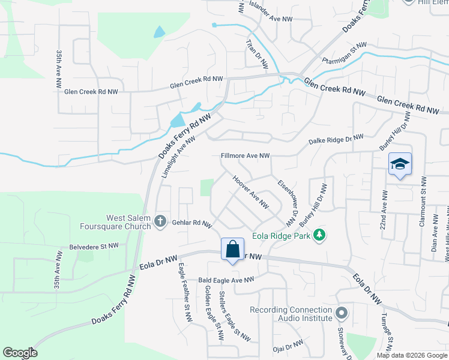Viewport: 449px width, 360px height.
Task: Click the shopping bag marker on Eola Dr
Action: point(232,248)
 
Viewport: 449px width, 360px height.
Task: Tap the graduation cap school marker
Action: point(400,164)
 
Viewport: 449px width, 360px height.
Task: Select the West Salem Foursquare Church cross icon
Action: point(160,221)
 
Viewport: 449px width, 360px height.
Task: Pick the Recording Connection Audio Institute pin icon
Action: point(342,313)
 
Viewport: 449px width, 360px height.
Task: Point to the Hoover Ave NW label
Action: point(250,191)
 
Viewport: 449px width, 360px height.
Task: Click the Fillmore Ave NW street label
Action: point(246,155)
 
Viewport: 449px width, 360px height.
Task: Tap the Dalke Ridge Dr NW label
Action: point(336,139)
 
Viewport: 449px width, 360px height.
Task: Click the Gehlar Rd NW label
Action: point(192,223)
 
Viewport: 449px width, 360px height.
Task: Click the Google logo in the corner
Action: point(20,353)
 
